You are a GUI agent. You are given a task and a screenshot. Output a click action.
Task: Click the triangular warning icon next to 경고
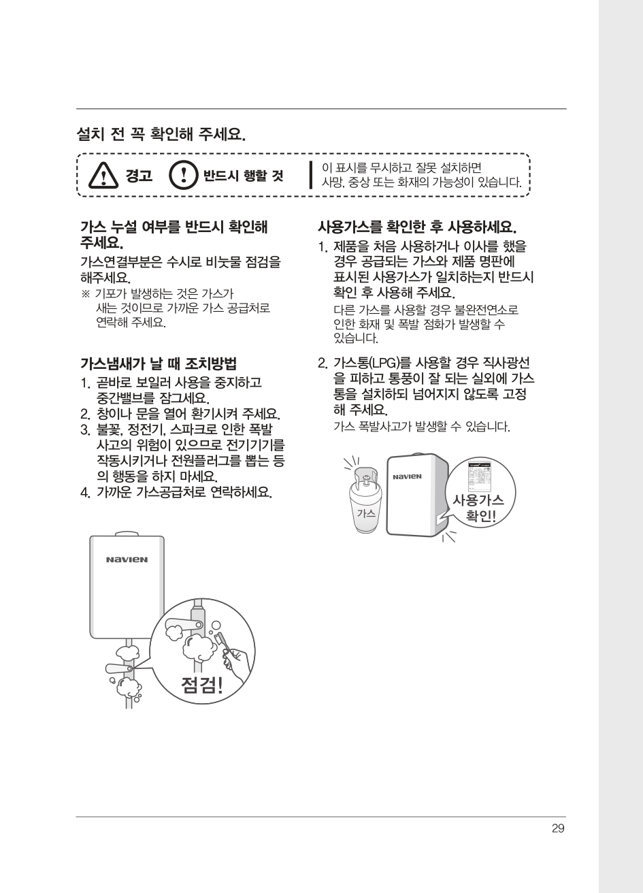click(103, 176)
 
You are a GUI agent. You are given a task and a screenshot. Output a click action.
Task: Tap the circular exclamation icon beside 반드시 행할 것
click(183, 175)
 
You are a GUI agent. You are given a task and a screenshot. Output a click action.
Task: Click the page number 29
click(558, 828)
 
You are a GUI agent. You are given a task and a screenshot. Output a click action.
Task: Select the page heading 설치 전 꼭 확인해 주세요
click(161, 134)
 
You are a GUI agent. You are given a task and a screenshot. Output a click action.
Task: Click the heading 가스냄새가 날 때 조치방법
click(159, 363)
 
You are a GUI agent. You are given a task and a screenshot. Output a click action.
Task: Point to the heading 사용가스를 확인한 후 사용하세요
click(417, 227)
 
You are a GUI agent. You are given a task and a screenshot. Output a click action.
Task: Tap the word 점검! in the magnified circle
click(202, 685)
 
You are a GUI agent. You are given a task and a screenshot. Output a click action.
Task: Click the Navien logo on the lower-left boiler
click(127, 559)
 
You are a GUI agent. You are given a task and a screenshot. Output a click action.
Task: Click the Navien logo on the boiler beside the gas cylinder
click(407, 477)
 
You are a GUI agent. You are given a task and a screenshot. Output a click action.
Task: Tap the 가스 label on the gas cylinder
click(366, 513)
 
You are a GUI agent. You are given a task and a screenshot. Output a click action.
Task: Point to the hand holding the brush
click(238, 662)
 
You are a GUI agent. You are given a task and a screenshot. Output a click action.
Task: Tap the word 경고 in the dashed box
click(139, 176)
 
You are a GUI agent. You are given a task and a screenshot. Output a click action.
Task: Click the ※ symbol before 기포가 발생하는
click(86, 294)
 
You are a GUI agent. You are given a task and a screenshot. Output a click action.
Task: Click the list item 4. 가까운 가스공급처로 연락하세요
click(176, 492)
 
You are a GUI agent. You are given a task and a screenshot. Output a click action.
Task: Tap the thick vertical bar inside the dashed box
click(310, 175)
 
